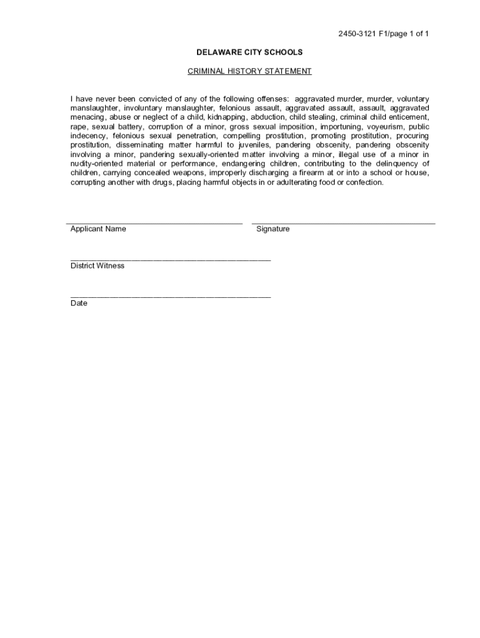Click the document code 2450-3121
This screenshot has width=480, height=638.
(x=358, y=34)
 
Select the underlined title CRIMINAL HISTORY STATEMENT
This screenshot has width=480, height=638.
(x=249, y=71)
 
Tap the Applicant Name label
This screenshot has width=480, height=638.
(x=98, y=229)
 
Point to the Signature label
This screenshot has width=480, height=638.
(x=273, y=229)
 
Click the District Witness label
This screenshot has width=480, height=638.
(x=97, y=265)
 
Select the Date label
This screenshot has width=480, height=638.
(x=79, y=303)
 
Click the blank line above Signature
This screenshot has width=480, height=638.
(x=343, y=222)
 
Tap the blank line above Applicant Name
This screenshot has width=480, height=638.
(x=155, y=222)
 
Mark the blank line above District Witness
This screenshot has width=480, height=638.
(x=171, y=259)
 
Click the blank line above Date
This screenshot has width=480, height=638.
(x=171, y=297)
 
